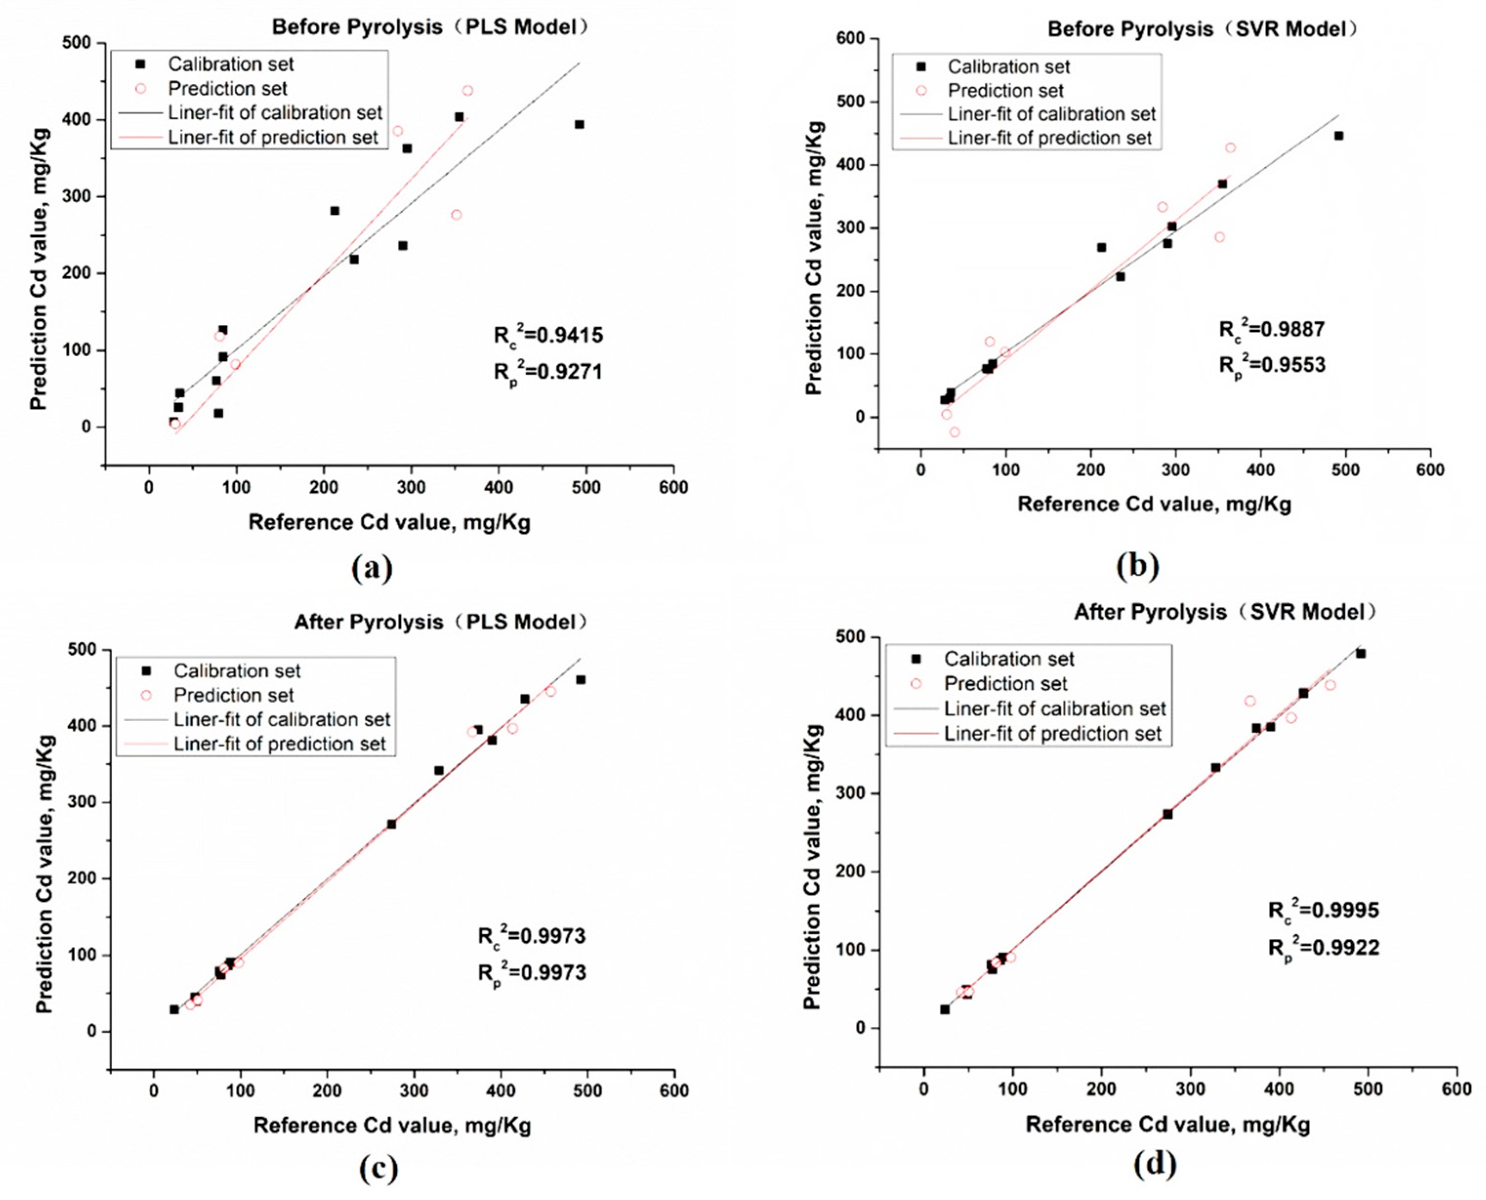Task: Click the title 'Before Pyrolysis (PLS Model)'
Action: coord(430,27)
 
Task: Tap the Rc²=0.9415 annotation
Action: coord(548,335)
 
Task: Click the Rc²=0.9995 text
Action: coord(1323,910)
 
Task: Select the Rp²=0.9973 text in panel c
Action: coord(532,973)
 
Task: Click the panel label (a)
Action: coord(372,568)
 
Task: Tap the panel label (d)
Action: coord(1155,1163)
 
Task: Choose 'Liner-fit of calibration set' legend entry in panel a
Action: coord(274,113)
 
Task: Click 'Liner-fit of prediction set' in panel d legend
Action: coord(1053,733)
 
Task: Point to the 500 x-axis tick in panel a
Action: coord(586,488)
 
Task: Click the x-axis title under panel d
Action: coord(1167,1124)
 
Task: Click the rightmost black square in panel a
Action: coord(579,124)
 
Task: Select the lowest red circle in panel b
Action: coord(955,432)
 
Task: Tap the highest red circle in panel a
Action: coord(468,91)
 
